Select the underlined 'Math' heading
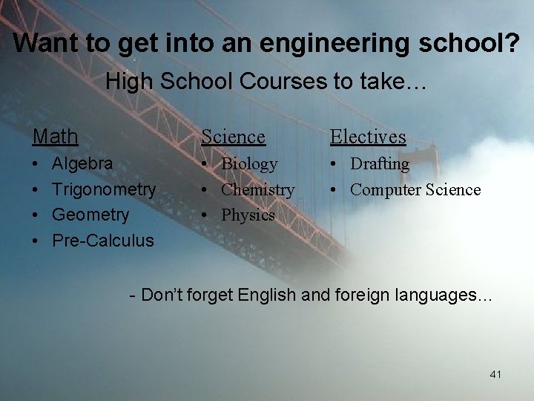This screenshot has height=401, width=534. pyautogui.click(x=55, y=137)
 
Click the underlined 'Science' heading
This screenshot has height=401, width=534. pyautogui.click(x=233, y=137)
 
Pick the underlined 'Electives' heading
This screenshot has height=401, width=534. pyautogui.click(x=368, y=137)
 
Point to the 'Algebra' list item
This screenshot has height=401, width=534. pyautogui.click(x=82, y=163)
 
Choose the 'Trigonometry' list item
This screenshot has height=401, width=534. pyautogui.click(x=104, y=189)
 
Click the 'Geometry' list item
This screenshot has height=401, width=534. pyautogui.click(x=90, y=215)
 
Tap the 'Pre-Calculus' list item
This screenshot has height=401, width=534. pyautogui.click(x=103, y=241)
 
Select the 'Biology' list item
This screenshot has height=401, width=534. pyautogui.click(x=249, y=164)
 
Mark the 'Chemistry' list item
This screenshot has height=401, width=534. pyautogui.click(x=257, y=190)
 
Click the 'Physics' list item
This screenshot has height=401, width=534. pyautogui.click(x=248, y=215)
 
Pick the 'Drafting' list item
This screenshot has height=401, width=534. pyautogui.click(x=380, y=164)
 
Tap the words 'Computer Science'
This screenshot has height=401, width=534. pyautogui.click(x=415, y=190)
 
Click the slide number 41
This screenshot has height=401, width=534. pyautogui.click(x=495, y=374)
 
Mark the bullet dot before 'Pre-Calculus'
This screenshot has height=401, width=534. pyautogui.click(x=37, y=241)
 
